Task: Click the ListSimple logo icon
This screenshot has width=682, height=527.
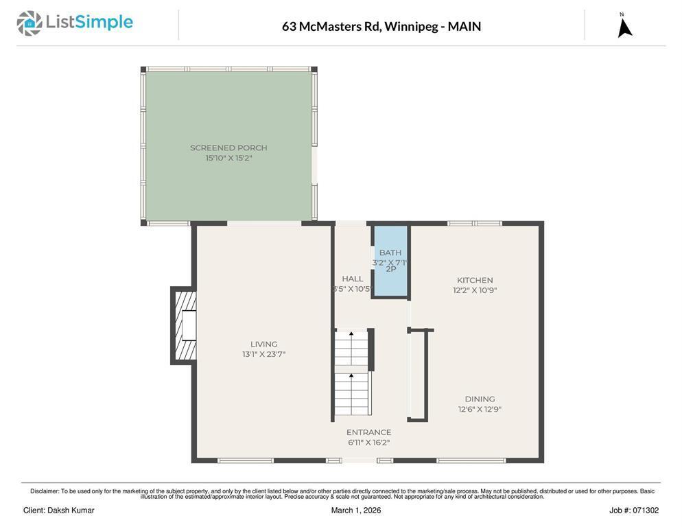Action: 30,23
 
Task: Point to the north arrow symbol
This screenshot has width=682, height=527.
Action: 624,27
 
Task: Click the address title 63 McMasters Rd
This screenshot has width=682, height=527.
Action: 381,27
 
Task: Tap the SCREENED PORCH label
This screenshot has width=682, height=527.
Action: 228,148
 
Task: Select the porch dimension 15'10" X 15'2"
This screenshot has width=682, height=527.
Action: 228,158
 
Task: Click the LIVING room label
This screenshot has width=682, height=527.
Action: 263,344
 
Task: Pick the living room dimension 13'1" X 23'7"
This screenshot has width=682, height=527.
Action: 263,355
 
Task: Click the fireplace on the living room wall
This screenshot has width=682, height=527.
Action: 185,326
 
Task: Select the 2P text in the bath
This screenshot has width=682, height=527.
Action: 390,269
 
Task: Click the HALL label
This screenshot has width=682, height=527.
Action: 353,279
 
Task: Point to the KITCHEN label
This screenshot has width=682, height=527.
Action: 475,280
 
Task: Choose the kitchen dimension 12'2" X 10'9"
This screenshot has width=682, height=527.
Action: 475,290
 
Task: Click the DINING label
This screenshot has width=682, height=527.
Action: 480,399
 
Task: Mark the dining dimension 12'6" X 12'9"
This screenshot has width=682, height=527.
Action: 480,410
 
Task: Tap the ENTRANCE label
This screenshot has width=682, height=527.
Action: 368,432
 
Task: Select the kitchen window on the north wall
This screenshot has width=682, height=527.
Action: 475,223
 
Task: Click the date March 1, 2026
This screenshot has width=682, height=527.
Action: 356,511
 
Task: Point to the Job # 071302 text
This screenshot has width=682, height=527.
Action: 633,511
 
